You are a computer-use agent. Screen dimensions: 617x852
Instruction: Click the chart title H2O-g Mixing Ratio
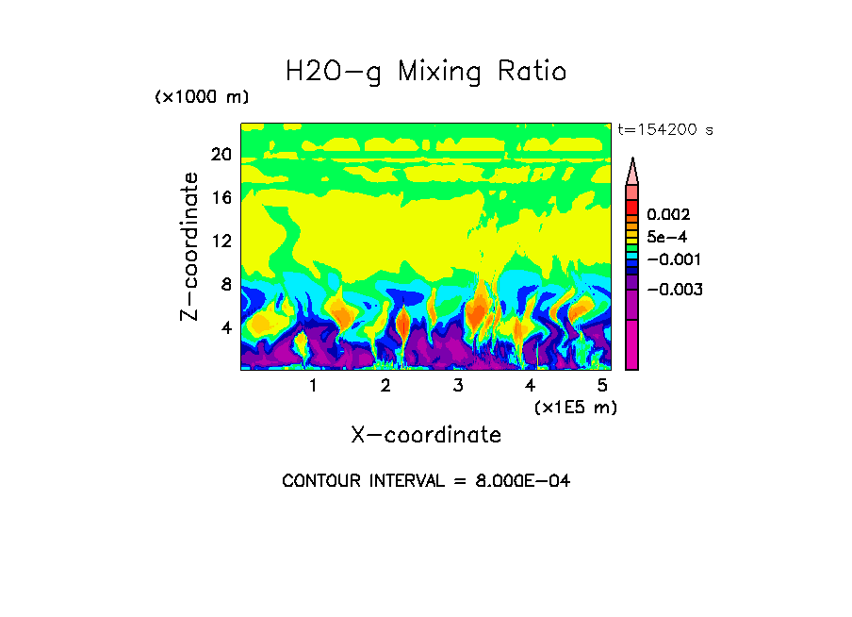point(426,72)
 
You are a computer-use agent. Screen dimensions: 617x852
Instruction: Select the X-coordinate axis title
point(426,435)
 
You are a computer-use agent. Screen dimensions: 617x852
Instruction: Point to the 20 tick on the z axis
point(221,155)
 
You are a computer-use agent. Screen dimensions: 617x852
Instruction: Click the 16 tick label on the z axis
point(221,198)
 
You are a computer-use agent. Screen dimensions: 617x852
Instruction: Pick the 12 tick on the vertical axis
point(221,242)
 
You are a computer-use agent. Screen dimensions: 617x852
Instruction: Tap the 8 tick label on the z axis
point(225,284)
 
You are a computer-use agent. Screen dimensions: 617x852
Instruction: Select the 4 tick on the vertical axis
point(225,327)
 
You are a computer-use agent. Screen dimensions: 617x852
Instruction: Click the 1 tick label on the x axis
point(313,386)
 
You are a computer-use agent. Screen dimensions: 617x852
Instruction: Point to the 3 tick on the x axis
point(458,386)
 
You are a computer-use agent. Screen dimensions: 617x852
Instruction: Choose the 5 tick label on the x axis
point(603,386)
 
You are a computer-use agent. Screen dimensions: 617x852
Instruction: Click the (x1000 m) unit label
point(202,98)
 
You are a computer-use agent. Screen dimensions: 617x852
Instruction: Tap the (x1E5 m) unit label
point(576,408)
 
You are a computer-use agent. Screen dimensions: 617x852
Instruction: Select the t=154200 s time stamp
point(665,130)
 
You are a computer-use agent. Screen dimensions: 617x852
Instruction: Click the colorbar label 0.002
point(669,215)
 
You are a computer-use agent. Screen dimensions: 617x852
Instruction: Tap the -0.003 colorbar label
point(673,290)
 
